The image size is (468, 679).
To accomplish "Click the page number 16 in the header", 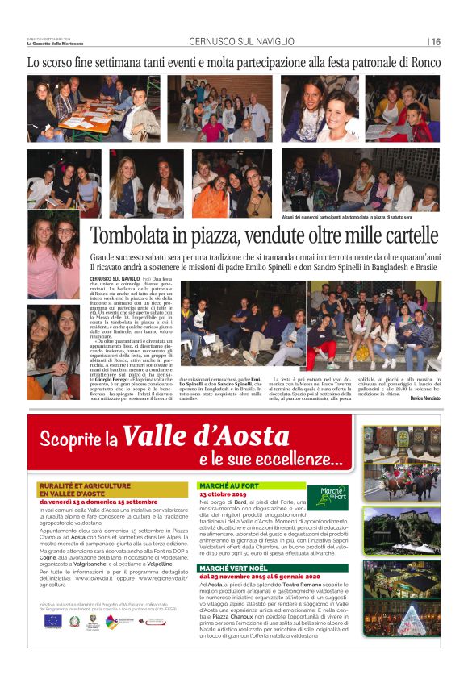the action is pos(436,42).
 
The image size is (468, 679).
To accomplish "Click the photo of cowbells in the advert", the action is pos(401,440).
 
